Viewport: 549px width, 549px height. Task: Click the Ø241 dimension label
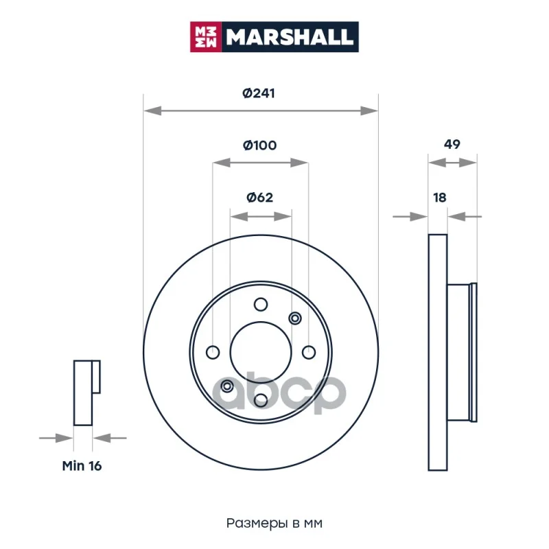point(259,93)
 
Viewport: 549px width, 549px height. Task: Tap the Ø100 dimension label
point(259,145)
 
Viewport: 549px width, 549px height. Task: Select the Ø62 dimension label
point(259,198)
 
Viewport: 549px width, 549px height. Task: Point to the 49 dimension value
point(452,144)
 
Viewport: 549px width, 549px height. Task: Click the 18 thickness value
point(440,198)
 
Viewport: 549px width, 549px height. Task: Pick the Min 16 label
point(82,466)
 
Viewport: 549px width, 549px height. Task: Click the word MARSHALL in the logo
point(289,37)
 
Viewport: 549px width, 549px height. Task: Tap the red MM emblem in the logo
point(206,37)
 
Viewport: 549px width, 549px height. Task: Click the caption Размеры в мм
point(274,523)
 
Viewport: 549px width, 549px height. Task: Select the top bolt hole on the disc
point(261,305)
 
